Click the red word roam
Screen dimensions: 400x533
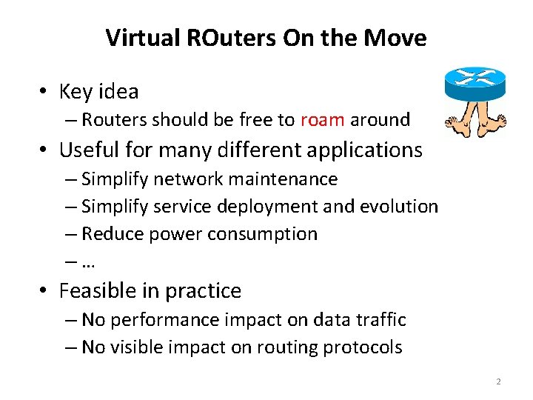(322, 119)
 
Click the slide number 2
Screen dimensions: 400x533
(498, 381)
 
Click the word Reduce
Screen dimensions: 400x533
(112, 233)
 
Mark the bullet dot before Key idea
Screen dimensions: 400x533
(44, 92)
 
